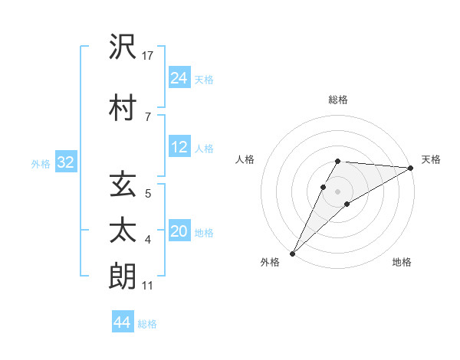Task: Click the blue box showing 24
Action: [179, 78]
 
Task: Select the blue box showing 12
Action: [179, 148]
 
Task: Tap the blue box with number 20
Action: [179, 232]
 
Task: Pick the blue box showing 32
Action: [65, 162]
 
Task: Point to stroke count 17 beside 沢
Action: [149, 56]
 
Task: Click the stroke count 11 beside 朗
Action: [149, 286]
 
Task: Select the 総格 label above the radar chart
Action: [338, 100]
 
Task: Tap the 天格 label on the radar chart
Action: [431, 159]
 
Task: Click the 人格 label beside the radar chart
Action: [245, 159]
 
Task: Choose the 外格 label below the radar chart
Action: [270, 263]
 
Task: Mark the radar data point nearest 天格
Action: [411, 168]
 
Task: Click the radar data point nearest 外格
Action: [292, 254]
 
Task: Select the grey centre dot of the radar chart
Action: [338, 191]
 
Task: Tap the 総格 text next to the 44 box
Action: [147, 323]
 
